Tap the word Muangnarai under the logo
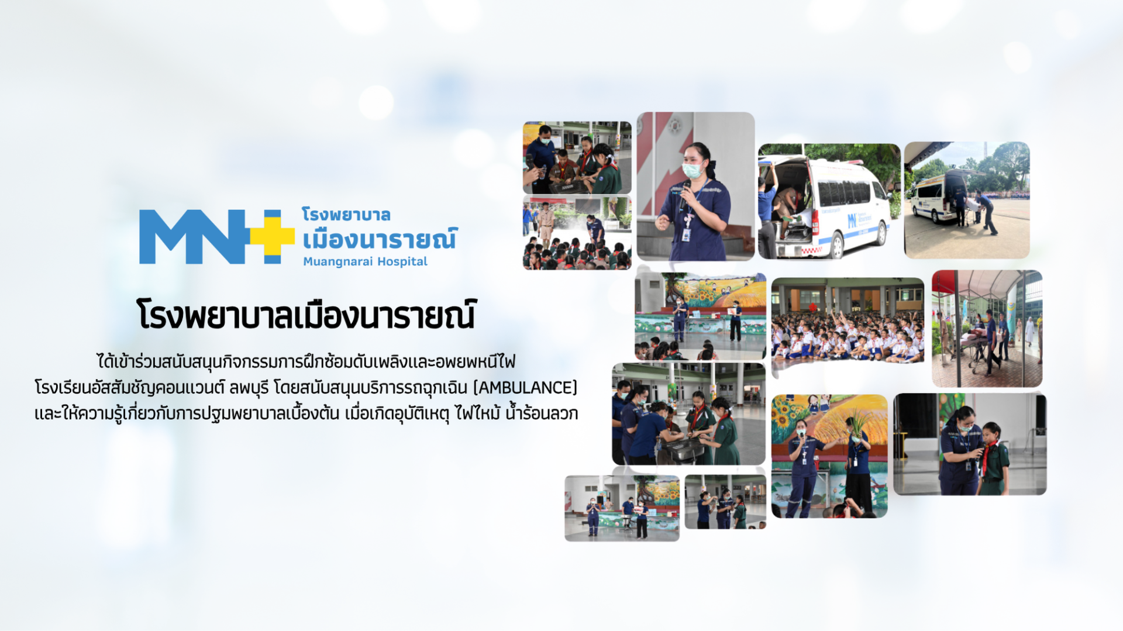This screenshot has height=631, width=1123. click(330, 262)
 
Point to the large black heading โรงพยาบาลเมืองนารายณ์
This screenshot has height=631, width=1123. click(306, 315)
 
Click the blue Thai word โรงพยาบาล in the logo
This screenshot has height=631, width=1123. click(346, 215)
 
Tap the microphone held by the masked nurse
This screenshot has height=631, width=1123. click(685, 193)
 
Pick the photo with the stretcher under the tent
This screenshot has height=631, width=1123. click(987, 328)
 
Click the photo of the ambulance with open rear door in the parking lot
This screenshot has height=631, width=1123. click(967, 200)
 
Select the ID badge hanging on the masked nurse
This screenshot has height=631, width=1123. click(686, 235)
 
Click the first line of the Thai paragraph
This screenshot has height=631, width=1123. click(306, 362)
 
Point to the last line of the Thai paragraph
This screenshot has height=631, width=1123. click(306, 413)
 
